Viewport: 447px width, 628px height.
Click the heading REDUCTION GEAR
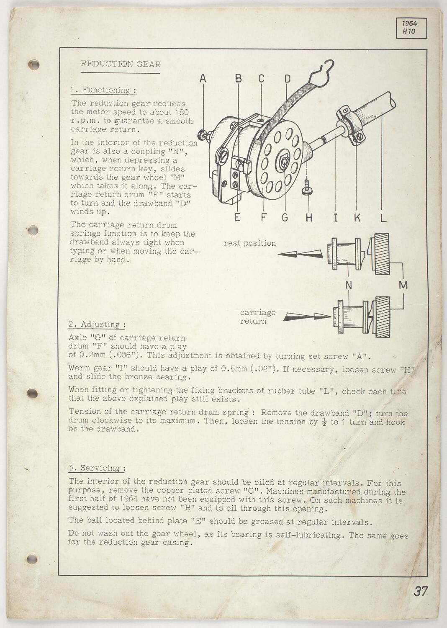(121, 64)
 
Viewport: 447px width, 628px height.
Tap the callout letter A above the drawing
(203, 78)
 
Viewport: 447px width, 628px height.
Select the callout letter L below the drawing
(383, 218)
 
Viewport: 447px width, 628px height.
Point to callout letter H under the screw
(308, 218)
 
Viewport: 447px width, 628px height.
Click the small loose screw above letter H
(307, 188)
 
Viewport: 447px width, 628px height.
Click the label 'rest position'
(249, 243)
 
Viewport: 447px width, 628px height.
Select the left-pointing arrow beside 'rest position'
(300, 254)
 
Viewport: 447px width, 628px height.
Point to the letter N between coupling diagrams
(348, 285)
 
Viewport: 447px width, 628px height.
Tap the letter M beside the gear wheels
(403, 285)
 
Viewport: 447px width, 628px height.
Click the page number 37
(421, 592)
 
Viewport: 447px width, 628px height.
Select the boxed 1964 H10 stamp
(411, 28)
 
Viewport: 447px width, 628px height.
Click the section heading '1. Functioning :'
(103, 90)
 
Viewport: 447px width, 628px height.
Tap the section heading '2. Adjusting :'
(97, 324)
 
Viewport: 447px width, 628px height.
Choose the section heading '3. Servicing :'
(97, 468)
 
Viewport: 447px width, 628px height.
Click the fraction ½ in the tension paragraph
(324, 422)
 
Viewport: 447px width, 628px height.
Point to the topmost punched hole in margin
(33, 64)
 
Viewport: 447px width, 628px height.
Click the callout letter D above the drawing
(287, 78)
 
